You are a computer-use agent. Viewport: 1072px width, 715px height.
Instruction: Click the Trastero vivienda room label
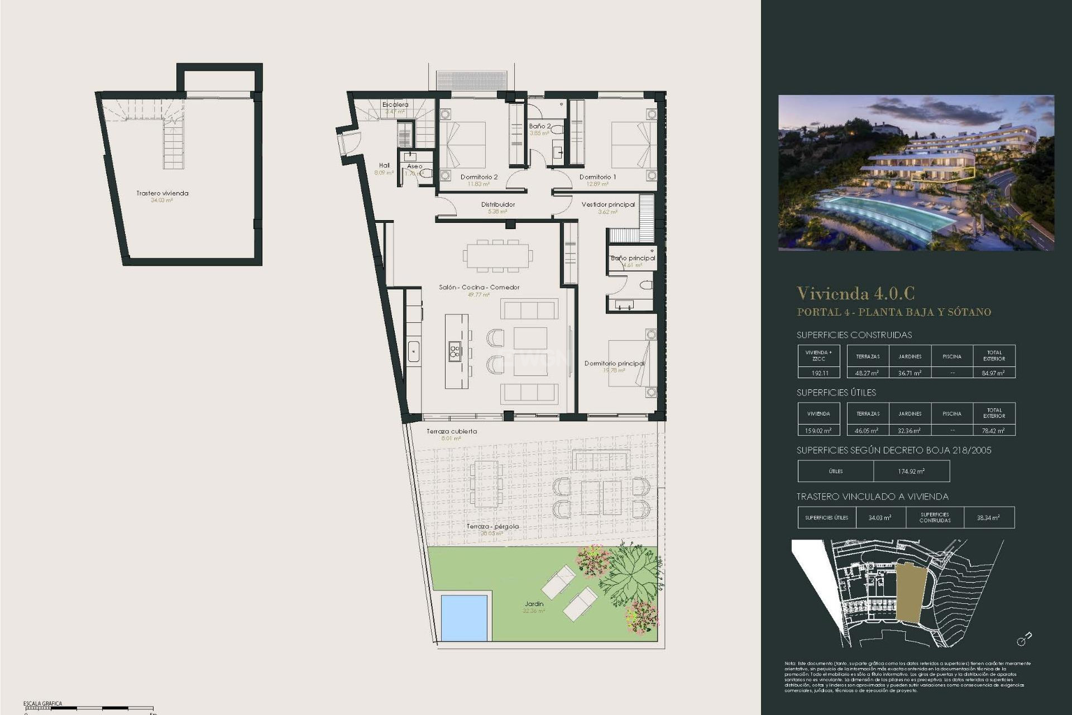pos(162,193)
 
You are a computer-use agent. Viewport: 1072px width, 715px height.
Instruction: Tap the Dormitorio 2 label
pos(479,177)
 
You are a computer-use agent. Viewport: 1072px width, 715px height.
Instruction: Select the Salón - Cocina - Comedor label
pos(479,287)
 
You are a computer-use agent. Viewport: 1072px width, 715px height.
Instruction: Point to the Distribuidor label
pos(497,204)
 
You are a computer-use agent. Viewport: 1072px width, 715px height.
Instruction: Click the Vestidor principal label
pos(608,204)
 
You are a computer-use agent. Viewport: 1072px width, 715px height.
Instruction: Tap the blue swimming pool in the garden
pos(464,617)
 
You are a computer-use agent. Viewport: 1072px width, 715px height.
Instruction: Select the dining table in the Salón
pos(497,256)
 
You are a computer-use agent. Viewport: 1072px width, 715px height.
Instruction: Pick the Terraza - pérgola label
pos(492,526)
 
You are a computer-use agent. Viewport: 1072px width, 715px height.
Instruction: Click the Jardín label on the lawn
pos(534,604)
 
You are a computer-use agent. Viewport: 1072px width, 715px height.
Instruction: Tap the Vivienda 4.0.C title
pos(855,293)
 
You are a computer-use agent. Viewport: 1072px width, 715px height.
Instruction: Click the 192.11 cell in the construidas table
pos(819,373)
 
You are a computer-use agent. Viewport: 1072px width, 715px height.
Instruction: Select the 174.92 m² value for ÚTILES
pos(911,471)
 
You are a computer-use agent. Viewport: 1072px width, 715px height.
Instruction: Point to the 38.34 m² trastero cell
pos(988,518)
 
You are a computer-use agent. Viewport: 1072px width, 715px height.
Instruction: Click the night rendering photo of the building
pos(916,173)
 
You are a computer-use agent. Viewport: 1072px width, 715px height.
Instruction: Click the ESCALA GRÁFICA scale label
pos(43,703)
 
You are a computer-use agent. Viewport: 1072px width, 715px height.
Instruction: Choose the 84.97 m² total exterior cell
pos(993,373)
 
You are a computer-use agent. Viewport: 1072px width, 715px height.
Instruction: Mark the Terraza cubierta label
pos(452,431)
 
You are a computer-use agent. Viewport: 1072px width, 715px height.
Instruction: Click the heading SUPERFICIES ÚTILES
pos(836,393)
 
